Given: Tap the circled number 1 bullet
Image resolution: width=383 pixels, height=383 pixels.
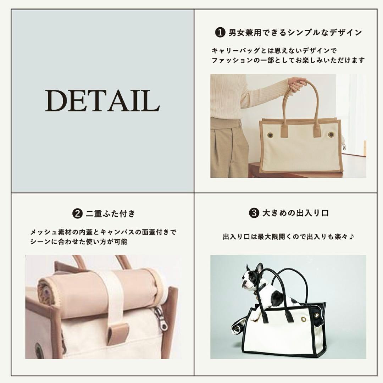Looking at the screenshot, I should (220, 33).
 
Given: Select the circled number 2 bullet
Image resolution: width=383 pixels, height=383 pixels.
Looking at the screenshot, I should (77, 213).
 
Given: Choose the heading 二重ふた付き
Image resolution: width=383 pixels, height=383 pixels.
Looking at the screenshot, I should (110, 213).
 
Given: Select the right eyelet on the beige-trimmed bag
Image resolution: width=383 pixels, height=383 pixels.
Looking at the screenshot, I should (331, 134).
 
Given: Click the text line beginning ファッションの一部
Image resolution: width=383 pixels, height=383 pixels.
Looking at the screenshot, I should (288, 60).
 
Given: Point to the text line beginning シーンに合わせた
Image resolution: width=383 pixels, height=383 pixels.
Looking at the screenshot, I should (79, 242).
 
